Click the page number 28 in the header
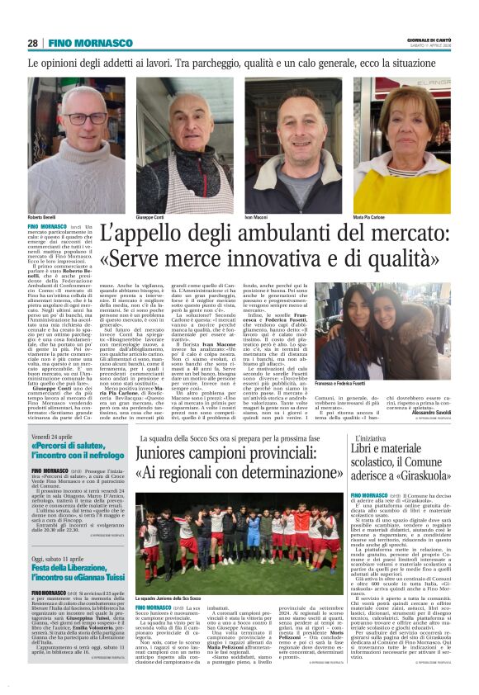[x=33, y=43]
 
